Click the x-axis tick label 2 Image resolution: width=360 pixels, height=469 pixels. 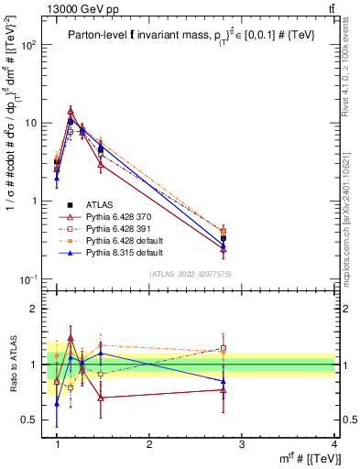pos(149,443)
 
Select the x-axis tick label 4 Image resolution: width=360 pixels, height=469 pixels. pos(334,443)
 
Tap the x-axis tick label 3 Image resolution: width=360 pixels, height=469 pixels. pos(242,443)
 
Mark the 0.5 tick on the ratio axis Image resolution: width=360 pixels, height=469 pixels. pos(35,420)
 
